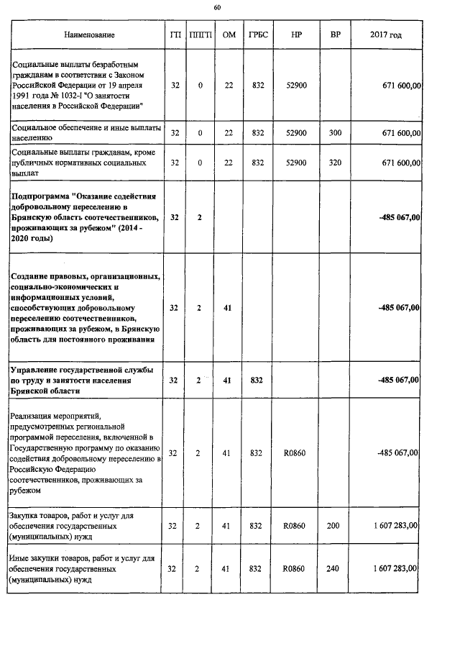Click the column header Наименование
coord(88,35)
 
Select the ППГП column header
coord(201,35)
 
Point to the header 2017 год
coord(386,35)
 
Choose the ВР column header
coord(334,35)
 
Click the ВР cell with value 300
coord(334,134)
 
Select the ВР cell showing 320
coord(334,163)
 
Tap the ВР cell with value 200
coord(333,527)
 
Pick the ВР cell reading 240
coord(333,569)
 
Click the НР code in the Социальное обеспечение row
coord(296,134)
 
